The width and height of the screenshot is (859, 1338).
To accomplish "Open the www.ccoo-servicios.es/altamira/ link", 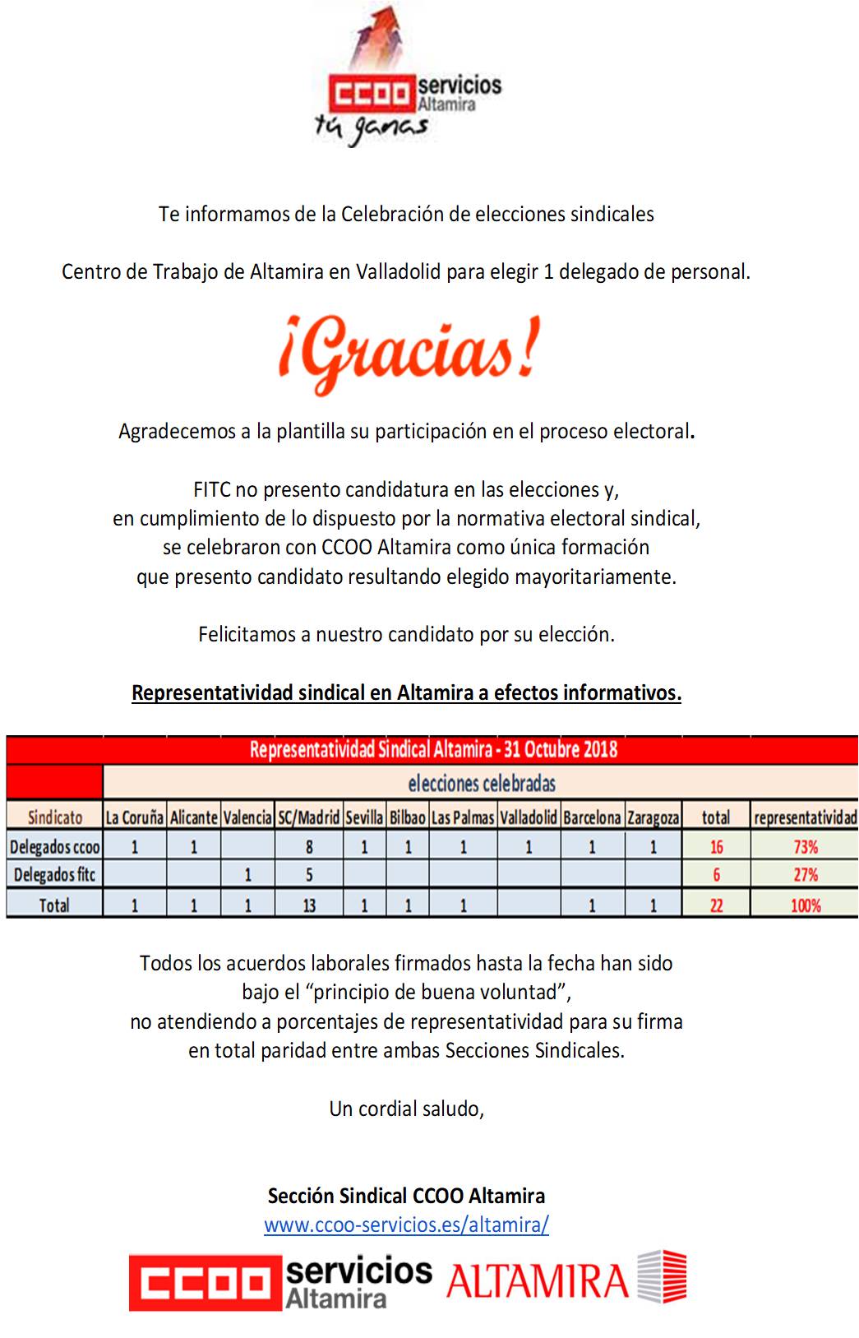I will point(406,1225).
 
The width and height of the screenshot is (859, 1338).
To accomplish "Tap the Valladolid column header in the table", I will point(529,817).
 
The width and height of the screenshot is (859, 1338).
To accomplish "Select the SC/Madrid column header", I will point(308,817).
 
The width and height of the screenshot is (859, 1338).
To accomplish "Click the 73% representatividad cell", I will point(805,847).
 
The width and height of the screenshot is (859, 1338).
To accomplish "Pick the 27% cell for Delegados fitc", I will point(805,875).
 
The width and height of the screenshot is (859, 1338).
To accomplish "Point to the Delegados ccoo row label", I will point(55,847).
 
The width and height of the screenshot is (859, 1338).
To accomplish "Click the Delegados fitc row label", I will point(55,875).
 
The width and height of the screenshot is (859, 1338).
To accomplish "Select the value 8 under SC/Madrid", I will point(308,847).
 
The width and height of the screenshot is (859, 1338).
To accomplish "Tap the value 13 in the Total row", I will point(308,905).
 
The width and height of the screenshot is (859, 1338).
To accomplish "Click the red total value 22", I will point(716,905).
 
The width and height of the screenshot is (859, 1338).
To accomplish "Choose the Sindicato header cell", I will point(55,817).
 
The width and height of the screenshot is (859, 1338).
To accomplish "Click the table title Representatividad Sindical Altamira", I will point(433,750).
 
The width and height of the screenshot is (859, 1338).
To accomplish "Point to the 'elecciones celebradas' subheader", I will point(481,783).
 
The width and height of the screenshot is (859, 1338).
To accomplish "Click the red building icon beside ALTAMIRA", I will point(663,1276).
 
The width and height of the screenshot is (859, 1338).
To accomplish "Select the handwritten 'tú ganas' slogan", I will point(372,128).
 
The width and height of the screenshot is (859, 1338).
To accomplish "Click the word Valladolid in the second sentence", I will point(398,272).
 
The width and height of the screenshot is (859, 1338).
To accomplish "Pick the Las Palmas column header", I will point(463,817).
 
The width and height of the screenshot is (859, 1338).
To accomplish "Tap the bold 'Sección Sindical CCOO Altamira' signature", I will point(406,1196).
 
